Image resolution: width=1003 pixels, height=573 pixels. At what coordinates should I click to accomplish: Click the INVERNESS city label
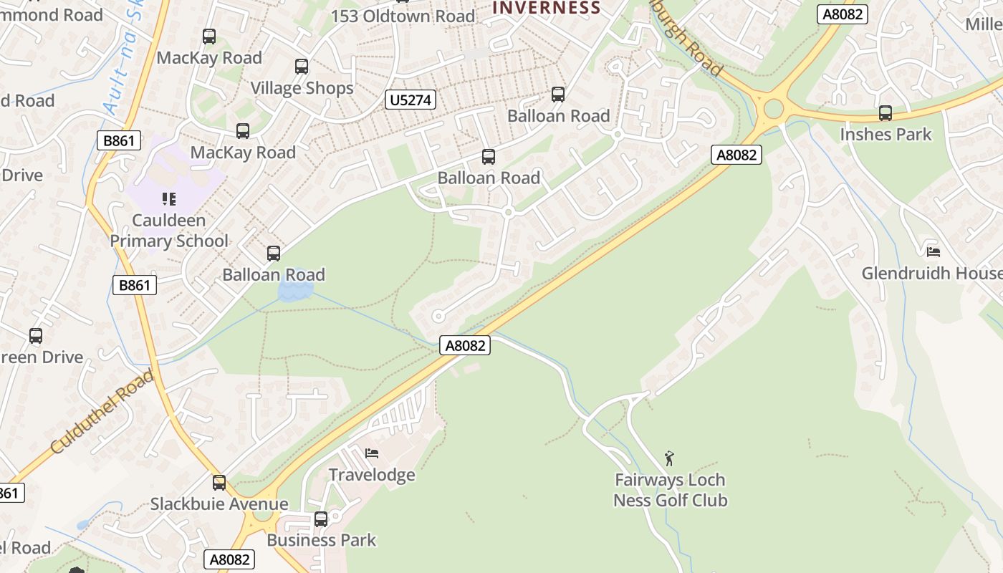tap(546, 8)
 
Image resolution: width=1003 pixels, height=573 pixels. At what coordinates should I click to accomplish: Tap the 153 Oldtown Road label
tap(403, 16)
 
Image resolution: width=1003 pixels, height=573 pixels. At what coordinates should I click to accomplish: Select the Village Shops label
tap(302, 88)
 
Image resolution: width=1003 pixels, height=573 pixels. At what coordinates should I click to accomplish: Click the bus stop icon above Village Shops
tap(302, 67)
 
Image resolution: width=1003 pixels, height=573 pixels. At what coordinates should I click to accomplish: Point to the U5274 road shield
tap(410, 100)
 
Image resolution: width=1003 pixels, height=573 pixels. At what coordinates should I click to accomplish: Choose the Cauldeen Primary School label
tap(169, 231)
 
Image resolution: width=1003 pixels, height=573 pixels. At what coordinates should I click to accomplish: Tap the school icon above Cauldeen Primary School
tap(169, 198)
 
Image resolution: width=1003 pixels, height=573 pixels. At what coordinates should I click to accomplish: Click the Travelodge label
tap(371, 475)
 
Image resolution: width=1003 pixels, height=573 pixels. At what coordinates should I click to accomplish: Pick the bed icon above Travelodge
tap(371, 453)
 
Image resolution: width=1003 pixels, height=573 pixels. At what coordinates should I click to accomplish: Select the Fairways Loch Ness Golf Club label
tap(670, 490)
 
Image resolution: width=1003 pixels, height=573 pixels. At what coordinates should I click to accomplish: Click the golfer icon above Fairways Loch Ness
tap(669, 458)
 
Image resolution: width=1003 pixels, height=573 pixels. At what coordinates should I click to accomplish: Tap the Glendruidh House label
tap(931, 273)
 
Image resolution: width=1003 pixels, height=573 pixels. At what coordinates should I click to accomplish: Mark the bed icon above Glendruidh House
tap(933, 251)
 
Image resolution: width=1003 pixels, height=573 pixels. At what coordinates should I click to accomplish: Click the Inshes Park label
tap(886, 134)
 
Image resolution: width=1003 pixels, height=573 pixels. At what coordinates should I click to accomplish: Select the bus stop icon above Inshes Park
tap(886, 112)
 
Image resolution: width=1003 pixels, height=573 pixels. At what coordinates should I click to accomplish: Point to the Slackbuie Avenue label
tap(219, 504)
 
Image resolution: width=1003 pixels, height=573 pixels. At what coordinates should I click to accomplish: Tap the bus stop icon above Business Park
tap(321, 519)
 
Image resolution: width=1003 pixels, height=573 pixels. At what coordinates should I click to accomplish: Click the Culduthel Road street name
tap(102, 412)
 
